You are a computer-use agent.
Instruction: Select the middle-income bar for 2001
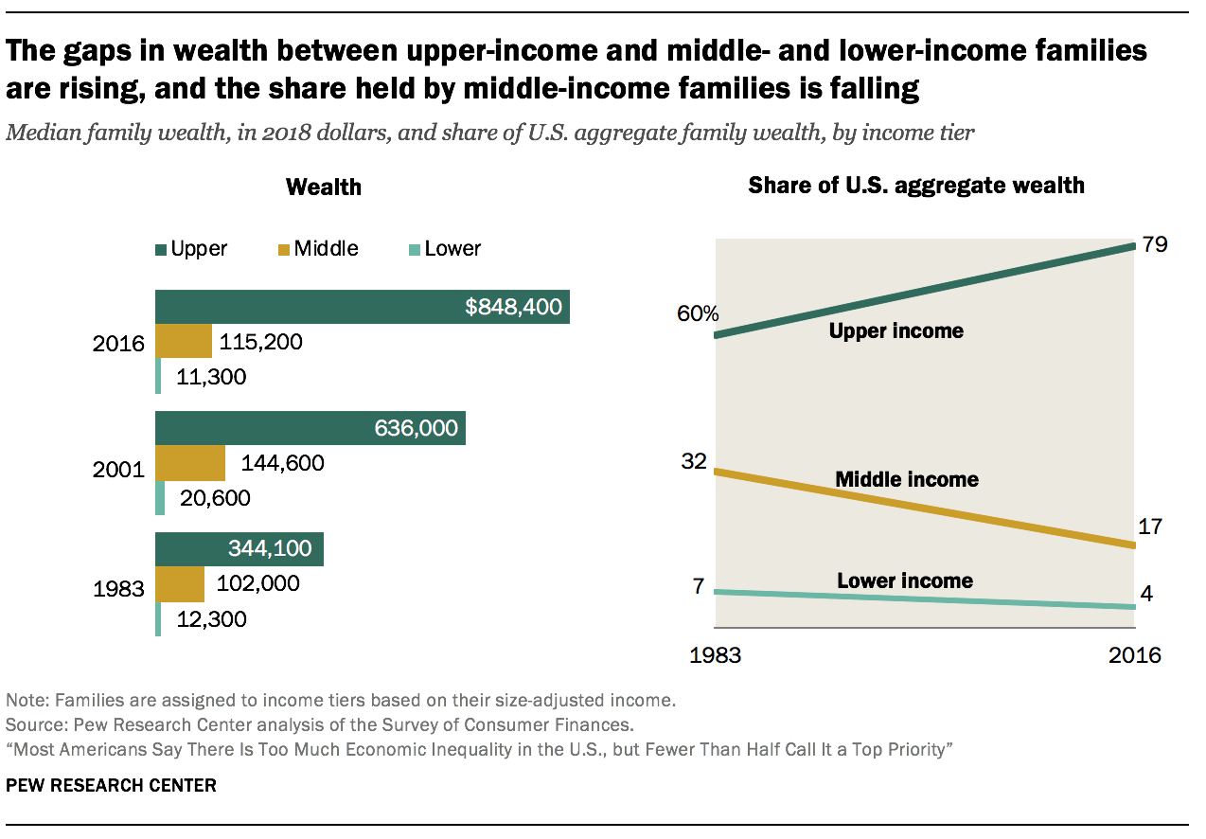tap(190, 463)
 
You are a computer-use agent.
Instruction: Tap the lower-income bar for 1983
tap(158, 619)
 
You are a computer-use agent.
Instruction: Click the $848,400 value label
tap(513, 307)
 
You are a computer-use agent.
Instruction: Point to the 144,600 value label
tap(283, 463)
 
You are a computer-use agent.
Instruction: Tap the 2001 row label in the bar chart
tap(118, 470)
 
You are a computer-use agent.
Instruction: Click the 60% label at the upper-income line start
tap(697, 314)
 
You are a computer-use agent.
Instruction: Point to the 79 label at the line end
tap(1154, 244)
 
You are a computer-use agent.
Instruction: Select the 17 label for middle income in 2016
tap(1149, 527)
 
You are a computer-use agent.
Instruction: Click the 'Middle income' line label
tap(906, 479)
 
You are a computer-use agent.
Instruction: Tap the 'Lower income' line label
tap(904, 580)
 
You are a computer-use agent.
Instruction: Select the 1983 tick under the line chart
tap(716, 655)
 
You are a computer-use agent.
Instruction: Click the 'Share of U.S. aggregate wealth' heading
tap(915, 185)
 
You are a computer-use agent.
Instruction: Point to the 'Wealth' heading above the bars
tap(324, 187)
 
